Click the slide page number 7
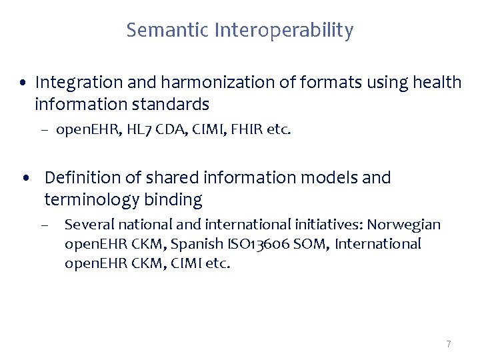click(449, 344)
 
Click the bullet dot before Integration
click(24, 84)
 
